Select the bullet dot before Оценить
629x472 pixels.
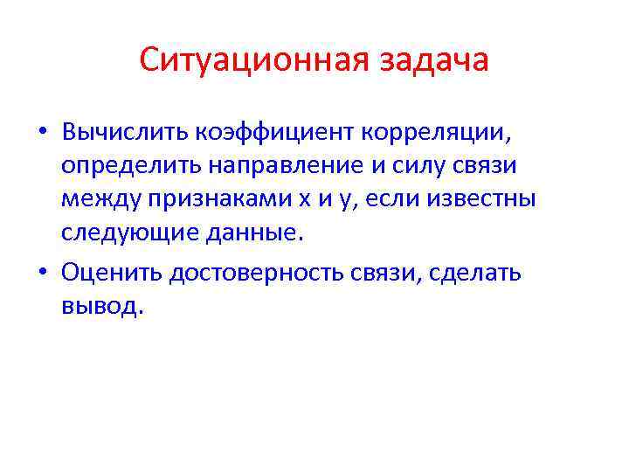pyautogui.click(x=42, y=273)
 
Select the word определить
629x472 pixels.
pyautogui.click(x=124, y=167)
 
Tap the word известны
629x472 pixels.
pyautogui.click(x=485, y=199)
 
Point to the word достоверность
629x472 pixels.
pyautogui.click(x=273, y=273)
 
